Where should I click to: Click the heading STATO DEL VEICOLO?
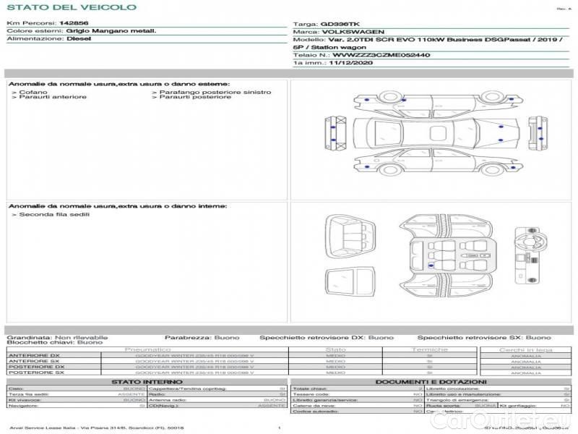[x=71, y=7]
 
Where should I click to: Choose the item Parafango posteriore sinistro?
[x=215, y=92]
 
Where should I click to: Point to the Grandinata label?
[x=28, y=337]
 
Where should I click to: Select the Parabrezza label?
[x=187, y=337]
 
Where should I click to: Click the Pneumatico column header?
[x=147, y=349]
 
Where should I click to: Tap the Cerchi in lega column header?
[x=525, y=349]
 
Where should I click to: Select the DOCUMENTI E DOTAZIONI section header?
[x=431, y=382]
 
